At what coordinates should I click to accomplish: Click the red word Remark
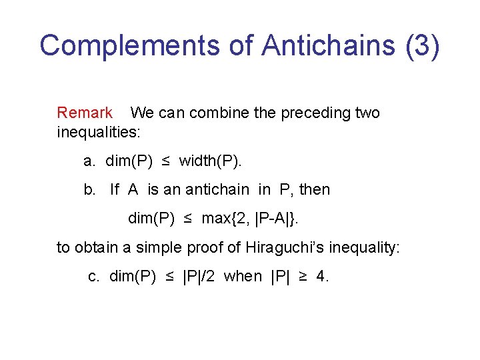pos(85,113)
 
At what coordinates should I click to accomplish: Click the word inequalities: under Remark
pos(99,132)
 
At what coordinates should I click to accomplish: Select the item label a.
pos(89,161)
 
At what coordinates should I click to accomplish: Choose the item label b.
pos(89,189)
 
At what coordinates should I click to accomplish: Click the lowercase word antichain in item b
pos(215,189)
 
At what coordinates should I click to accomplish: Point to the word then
pos(315,189)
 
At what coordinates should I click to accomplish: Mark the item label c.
pos(94,276)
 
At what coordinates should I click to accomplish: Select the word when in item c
pos(243,276)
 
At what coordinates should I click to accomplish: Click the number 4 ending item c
pos(322,276)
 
